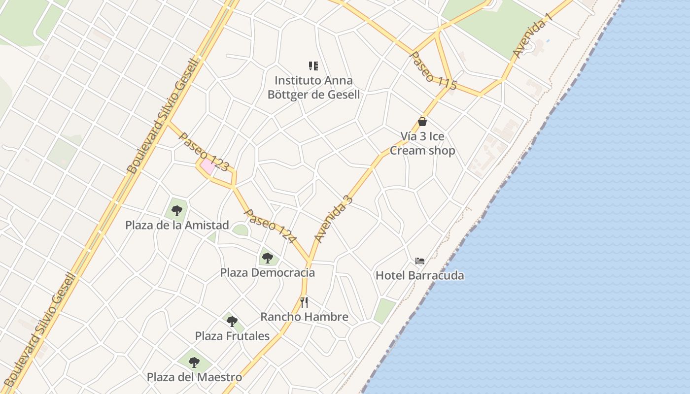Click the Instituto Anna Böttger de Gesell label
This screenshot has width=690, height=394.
tap(313, 87)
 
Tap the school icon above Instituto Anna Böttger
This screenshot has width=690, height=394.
tap(313, 66)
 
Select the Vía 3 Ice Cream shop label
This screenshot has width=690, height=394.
tap(422, 143)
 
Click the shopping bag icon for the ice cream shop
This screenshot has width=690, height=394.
tap(422, 122)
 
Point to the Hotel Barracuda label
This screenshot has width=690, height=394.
tap(420, 275)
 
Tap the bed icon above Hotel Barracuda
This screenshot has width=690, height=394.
tap(420, 261)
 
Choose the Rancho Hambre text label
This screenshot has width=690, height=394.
tap(304, 317)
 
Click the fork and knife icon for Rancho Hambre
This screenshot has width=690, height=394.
tap(304, 302)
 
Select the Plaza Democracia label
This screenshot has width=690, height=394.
tap(267, 272)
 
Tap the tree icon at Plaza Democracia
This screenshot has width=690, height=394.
tap(267, 258)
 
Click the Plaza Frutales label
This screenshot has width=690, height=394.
tap(232, 336)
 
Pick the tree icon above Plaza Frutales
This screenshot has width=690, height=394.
tap(232, 322)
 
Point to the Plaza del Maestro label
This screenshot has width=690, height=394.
tap(194, 377)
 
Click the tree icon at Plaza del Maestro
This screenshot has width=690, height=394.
tap(194, 362)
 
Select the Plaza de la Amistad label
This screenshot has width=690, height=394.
tap(177, 225)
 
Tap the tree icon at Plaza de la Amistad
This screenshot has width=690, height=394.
tap(177, 211)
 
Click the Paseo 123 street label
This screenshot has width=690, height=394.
tap(204, 151)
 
